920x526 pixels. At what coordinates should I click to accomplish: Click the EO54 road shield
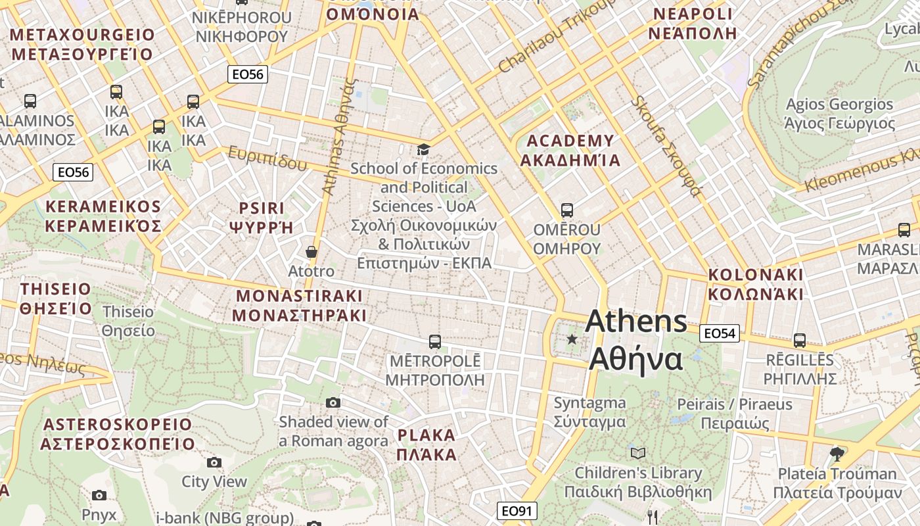click(720, 333)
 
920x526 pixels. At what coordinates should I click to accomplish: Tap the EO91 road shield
click(517, 511)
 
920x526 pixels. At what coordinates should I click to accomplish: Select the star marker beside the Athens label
click(572, 339)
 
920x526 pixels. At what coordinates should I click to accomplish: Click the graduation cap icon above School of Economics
click(423, 150)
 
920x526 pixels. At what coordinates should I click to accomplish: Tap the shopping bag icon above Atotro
click(311, 252)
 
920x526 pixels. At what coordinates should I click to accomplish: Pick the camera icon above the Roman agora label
click(333, 402)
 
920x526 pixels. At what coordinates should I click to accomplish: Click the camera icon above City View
click(214, 462)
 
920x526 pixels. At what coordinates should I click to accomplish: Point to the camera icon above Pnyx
click(99, 495)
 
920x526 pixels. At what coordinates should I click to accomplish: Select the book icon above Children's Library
click(637, 453)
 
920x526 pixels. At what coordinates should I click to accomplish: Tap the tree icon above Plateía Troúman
click(837, 454)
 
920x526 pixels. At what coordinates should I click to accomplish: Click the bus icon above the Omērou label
click(566, 210)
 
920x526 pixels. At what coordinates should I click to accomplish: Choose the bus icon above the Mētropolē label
click(434, 342)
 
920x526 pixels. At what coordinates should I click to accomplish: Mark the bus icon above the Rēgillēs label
click(799, 341)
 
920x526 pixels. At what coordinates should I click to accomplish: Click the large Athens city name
click(636, 341)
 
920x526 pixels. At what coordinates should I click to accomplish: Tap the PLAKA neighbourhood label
click(426, 444)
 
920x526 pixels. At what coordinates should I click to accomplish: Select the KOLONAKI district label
click(756, 284)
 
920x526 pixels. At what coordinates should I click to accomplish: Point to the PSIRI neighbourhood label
click(261, 218)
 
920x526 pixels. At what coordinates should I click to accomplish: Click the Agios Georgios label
click(840, 114)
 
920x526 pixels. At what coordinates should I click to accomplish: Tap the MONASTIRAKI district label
click(299, 305)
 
